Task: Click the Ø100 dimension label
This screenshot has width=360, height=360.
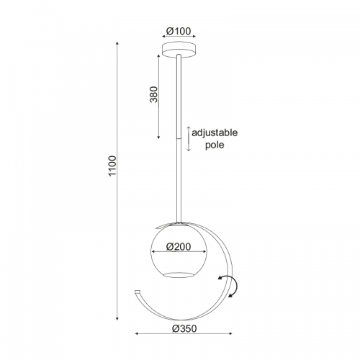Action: click(x=179, y=31)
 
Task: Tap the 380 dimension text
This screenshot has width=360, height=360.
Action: click(x=154, y=94)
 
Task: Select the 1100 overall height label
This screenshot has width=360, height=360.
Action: click(x=112, y=166)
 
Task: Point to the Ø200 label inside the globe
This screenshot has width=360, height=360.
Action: click(x=179, y=247)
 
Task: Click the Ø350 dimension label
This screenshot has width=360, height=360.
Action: click(x=184, y=329)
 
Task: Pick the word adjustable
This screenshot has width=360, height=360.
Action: click(x=215, y=132)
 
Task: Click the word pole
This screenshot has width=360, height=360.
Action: click(x=215, y=145)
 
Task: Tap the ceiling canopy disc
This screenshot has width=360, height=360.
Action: click(x=179, y=50)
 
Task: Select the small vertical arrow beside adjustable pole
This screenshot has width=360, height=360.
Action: click(x=189, y=139)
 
